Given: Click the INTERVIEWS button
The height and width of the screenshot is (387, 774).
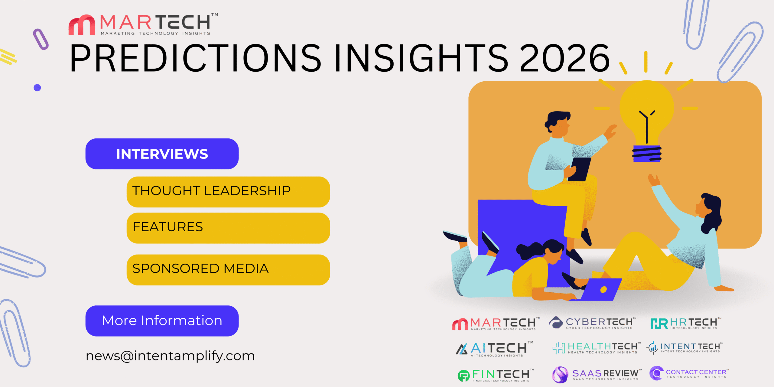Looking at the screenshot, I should [162, 154].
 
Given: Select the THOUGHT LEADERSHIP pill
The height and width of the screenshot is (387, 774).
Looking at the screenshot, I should [228, 192].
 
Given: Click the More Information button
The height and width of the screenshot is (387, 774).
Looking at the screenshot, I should [162, 321].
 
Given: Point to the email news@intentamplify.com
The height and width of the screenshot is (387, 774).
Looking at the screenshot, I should [170, 356].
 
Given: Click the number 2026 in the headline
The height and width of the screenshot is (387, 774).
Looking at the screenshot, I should [564, 58].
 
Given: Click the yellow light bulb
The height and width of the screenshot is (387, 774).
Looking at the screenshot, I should [647, 115].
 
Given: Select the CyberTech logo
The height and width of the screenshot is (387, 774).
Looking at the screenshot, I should [593, 323].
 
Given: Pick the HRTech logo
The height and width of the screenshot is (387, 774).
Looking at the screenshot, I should [686, 323].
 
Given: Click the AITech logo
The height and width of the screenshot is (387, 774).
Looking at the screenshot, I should [495, 349].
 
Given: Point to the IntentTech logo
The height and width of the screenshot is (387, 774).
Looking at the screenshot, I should [685, 347].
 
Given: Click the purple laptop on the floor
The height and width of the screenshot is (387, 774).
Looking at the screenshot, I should [600, 289].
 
